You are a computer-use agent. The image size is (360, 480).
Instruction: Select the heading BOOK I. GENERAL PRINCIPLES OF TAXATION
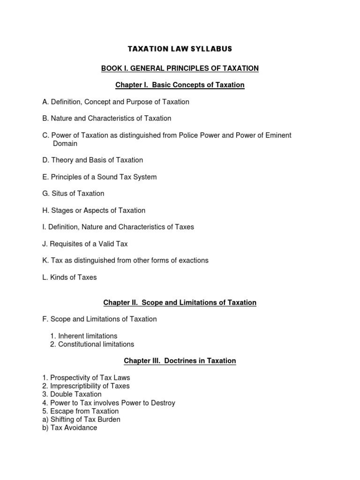point(180,68)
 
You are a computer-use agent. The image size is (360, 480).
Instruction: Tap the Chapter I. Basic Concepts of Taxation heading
point(180,85)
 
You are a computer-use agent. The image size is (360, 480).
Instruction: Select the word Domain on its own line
point(65,143)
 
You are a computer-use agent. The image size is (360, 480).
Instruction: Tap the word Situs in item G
point(60,194)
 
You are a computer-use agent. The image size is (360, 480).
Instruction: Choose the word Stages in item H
point(61,210)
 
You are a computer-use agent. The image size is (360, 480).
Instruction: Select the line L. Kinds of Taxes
point(69,277)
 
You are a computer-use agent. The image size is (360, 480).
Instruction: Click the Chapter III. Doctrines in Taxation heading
point(180,361)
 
